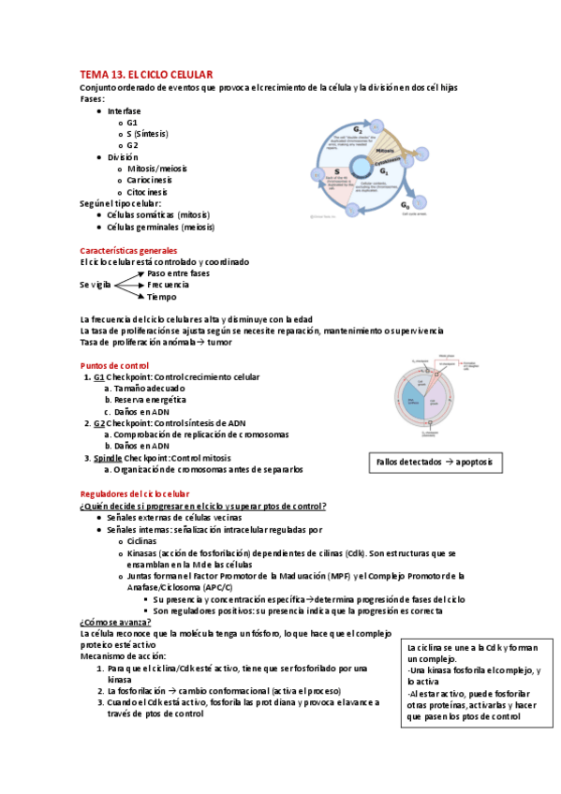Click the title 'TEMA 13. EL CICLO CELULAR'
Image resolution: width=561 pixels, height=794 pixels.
tap(147, 74)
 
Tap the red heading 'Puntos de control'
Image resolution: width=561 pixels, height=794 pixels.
tap(114, 365)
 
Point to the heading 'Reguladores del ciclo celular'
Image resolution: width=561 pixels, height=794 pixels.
tap(135, 493)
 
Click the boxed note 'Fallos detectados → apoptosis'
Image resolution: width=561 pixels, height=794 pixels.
tap(433, 463)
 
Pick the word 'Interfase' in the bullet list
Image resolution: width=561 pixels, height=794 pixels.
tap(125, 110)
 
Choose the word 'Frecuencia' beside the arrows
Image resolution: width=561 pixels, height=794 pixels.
tap(169, 285)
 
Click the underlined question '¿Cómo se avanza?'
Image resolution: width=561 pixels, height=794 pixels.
tap(116, 622)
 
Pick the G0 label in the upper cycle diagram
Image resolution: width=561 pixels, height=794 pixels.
tap(405, 204)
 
